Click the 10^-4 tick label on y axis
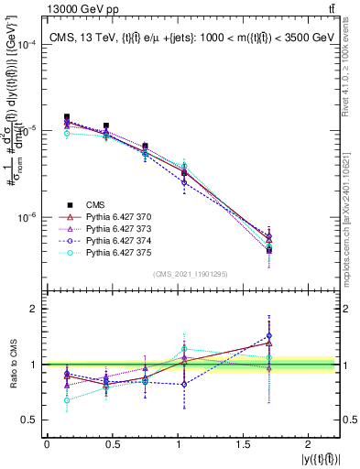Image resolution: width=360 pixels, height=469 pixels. (27, 45)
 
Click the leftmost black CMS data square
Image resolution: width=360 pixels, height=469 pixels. (67, 117)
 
